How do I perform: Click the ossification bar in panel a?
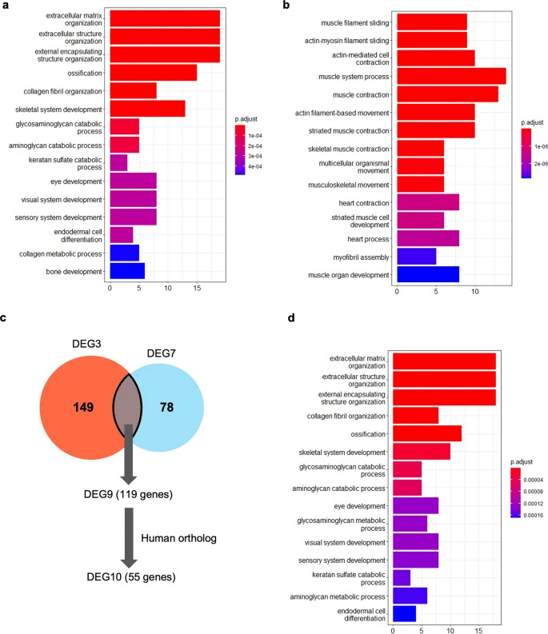[153, 73]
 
